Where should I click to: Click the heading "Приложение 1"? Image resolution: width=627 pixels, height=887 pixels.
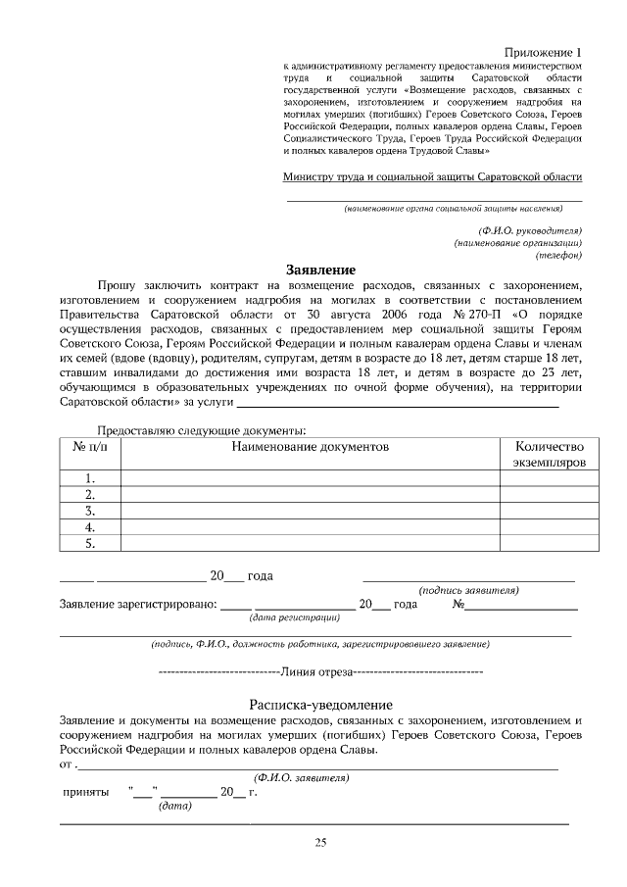543,52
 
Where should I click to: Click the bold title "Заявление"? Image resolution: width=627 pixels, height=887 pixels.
320,270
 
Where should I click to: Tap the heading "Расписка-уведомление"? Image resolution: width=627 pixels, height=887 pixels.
320,705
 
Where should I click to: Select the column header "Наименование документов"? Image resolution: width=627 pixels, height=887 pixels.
311,446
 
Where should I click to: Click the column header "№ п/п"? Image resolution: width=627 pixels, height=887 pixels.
90,446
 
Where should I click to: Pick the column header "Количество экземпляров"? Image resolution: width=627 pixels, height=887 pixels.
549,453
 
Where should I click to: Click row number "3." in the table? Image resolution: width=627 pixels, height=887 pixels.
90,511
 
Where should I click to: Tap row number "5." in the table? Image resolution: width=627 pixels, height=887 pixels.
90,542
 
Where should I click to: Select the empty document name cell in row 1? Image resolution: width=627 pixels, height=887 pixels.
311,478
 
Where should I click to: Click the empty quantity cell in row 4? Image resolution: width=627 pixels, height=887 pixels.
549,526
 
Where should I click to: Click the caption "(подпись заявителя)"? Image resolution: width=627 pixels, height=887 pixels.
468,590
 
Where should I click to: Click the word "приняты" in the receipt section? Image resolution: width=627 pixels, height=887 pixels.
85,792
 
